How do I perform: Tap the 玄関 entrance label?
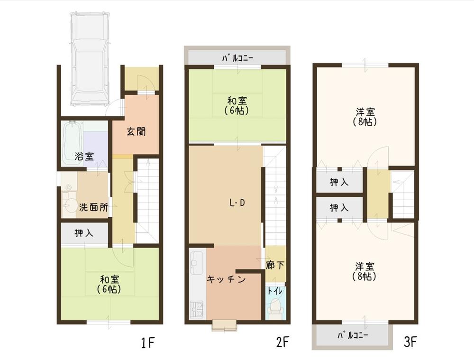click(x=136, y=131)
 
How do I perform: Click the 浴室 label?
click(x=84, y=156)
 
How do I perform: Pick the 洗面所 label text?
click(x=93, y=207)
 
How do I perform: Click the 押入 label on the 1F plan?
click(x=84, y=233)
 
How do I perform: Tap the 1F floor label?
click(x=146, y=342)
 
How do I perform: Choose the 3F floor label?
click(x=411, y=342)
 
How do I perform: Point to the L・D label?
click(x=237, y=203)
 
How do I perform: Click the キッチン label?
click(x=226, y=279)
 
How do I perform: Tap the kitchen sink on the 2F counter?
click(x=197, y=261)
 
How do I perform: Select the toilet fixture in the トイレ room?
click(x=275, y=310)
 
